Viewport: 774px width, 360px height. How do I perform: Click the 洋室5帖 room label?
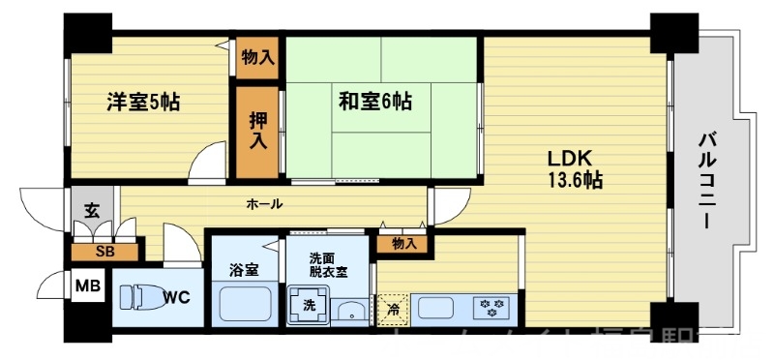click(143, 101)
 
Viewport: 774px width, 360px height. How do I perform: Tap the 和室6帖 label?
click(374, 100)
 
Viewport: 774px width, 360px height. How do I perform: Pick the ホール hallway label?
click(264, 204)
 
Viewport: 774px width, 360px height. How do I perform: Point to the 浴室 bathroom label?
click(243, 270)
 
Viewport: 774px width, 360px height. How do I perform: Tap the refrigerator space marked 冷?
click(394, 310)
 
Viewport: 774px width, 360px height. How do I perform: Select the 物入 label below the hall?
click(404, 244)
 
